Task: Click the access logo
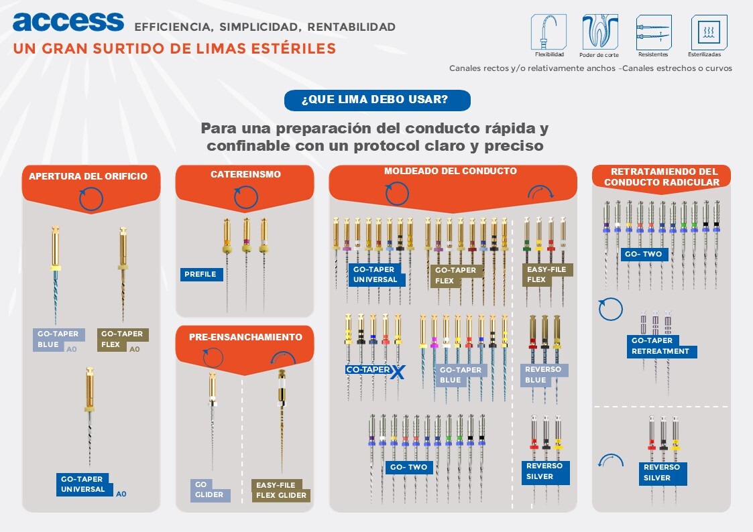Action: [68, 21]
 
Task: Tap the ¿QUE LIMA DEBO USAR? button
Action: [377, 101]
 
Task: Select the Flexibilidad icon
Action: [548, 31]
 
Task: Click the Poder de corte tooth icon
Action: [599, 31]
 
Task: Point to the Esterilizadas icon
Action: [709, 31]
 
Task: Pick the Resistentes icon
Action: [653, 31]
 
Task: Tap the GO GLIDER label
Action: [209, 490]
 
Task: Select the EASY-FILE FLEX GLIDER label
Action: [281, 490]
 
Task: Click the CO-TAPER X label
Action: [375, 371]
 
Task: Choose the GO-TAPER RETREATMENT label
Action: [660, 346]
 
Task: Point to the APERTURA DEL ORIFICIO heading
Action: [88, 177]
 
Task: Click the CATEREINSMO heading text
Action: [245, 174]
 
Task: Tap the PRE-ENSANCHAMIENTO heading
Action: [245, 337]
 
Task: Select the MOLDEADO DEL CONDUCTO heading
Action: [451, 172]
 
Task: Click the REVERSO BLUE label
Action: [544, 375]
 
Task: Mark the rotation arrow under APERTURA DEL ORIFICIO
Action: [91, 199]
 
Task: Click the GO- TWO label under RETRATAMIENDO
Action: [643, 255]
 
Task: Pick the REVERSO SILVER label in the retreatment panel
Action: [661, 472]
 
